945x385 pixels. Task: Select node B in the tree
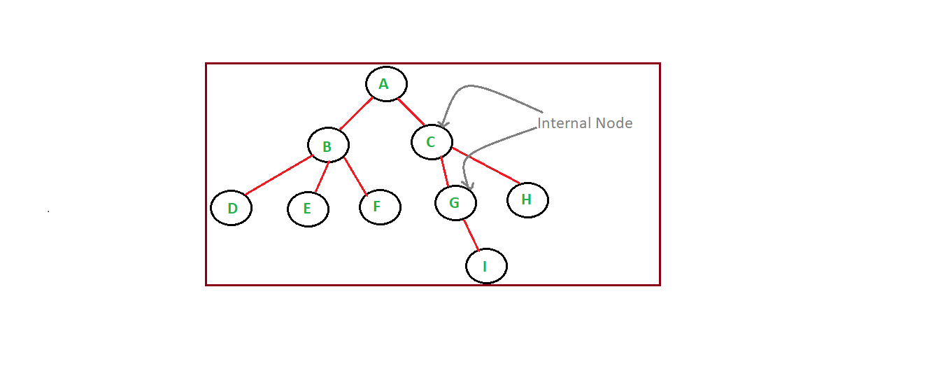[328, 146]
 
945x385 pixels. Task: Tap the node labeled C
[432, 142]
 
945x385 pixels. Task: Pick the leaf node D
[231, 208]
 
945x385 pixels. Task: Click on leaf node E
[308, 209]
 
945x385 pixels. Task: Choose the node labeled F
[380, 207]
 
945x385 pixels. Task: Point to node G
[455, 203]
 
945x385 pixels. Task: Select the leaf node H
[527, 200]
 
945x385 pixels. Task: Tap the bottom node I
[486, 266]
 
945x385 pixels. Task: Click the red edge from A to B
[356, 113]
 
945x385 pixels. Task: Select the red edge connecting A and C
[411, 112]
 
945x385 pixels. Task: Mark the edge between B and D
[278, 176]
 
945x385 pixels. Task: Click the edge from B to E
[322, 177]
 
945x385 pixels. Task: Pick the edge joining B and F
[355, 176]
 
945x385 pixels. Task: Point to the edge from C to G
[444, 172]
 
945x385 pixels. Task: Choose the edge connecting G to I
[471, 234]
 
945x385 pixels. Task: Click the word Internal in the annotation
[564, 124]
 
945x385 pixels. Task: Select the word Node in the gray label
[613, 124]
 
